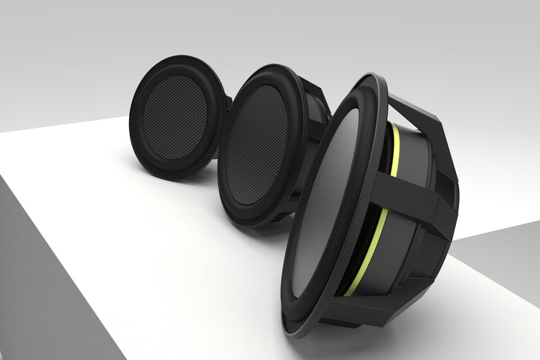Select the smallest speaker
click(177, 116)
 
